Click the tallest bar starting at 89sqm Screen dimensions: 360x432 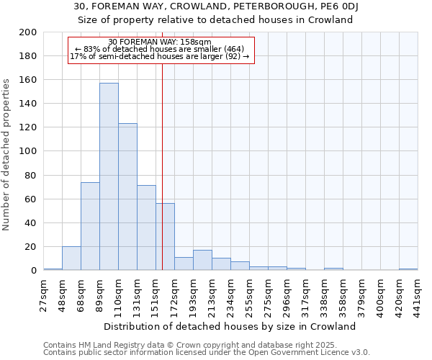point(109,176)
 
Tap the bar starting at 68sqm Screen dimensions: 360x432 point(90,226)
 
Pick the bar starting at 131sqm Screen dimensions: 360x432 point(146,228)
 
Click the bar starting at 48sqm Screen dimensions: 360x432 point(71,258)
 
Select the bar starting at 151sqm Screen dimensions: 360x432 point(165,237)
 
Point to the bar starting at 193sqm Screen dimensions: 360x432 point(202,260)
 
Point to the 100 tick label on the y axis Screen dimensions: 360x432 point(28,151)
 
